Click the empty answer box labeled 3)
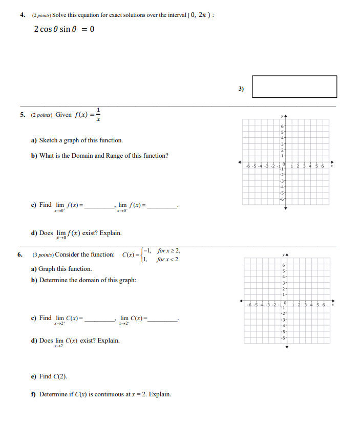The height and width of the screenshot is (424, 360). pos(294,87)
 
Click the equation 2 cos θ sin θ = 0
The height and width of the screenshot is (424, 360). pos(64,29)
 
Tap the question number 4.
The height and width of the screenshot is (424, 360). pos(23,15)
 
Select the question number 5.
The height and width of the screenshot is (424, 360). pos(23,115)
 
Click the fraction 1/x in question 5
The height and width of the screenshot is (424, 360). pos(98,114)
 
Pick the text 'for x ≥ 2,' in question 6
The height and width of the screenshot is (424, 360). pos(168,251)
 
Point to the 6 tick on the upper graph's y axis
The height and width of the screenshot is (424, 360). pos(282,126)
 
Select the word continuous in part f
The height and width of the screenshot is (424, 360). pos(109,394)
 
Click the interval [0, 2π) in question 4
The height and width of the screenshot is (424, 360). pos(201,15)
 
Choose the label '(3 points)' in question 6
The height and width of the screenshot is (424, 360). pos(43,255)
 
